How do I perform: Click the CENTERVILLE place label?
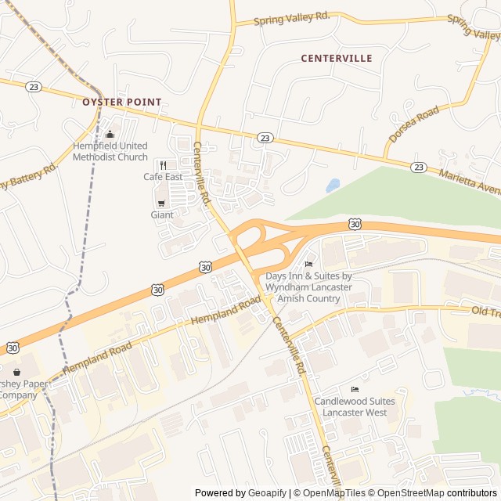point(337,59)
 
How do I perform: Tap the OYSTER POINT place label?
point(122,102)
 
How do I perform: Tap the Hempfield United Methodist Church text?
point(110,151)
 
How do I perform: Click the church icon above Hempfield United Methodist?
point(110,134)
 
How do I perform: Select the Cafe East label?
point(163,177)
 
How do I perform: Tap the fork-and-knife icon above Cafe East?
point(163,164)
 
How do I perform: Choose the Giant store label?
point(162,214)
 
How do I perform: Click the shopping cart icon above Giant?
point(161,203)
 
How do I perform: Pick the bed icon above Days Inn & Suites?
point(308,264)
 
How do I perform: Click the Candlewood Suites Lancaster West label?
point(355,406)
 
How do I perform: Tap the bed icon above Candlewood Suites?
point(355,389)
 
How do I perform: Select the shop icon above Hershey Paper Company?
point(15,372)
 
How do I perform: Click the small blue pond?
point(333,186)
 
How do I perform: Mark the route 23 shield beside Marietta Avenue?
point(419,167)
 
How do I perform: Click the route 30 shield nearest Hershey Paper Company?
point(13,347)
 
